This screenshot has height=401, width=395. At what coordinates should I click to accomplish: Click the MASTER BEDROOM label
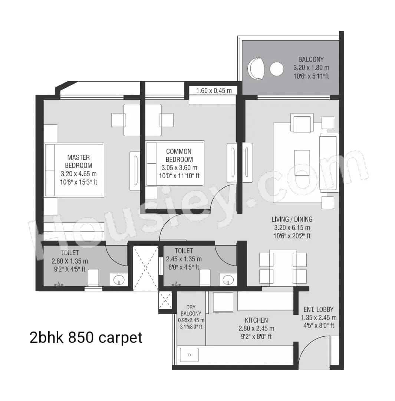pyautogui.click(x=78, y=161)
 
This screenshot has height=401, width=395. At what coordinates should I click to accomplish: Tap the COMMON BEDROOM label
pyautogui.click(x=179, y=155)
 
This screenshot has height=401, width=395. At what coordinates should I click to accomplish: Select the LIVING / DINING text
pyautogui.click(x=292, y=219)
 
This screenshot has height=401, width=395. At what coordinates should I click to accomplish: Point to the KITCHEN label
pyautogui.click(x=256, y=320)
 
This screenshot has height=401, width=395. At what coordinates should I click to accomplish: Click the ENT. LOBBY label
pyautogui.click(x=318, y=309)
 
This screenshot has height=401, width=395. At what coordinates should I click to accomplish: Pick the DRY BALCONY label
pyautogui.click(x=191, y=310)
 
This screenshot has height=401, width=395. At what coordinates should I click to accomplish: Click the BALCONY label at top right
pyautogui.click(x=311, y=59)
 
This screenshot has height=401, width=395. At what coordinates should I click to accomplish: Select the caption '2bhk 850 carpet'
pyautogui.click(x=86, y=338)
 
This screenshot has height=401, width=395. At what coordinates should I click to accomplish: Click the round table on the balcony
pyautogui.click(x=276, y=69)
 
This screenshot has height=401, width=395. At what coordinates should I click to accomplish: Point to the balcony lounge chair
pyautogui.click(x=256, y=68)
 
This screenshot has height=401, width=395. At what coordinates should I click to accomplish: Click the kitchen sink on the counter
pyautogui.click(x=189, y=355)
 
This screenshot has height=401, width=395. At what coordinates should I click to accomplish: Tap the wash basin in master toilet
pyautogui.click(x=119, y=280)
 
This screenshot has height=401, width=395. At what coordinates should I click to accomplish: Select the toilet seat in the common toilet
pyautogui.click(x=205, y=277)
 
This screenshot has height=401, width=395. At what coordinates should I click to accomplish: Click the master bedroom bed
pyautogui.click(x=74, y=170)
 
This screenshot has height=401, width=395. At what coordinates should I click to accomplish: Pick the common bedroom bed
pyautogui.click(x=175, y=163)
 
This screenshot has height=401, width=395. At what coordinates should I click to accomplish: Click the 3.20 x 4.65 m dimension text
pyautogui.click(x=78, y=173)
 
